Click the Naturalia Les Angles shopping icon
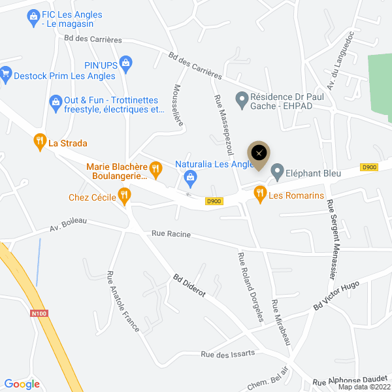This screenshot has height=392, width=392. pos(190,176)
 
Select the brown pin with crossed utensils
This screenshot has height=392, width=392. pos(259,154)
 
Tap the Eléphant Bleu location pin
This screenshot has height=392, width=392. pos(277,172)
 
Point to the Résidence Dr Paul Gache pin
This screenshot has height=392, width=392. pos(242,100)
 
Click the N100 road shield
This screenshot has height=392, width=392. pos(39,314)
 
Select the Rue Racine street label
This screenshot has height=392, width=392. pos(167,233)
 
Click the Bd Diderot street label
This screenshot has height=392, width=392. pos(189,286)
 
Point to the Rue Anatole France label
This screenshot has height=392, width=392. pos(123,301)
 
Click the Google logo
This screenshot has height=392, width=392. pos(22,384)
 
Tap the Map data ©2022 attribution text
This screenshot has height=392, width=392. pos(363,387)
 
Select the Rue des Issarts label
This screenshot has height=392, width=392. pos(227,354)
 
